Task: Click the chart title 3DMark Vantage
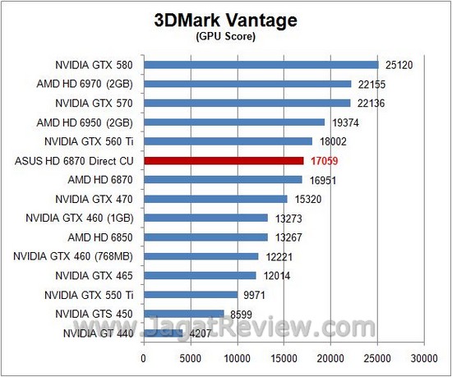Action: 225,20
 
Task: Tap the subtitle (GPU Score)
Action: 225,36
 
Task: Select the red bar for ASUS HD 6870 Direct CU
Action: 224,160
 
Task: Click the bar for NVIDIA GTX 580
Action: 261,64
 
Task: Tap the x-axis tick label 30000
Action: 424,358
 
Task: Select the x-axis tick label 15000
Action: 284,358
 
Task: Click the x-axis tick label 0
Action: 144,358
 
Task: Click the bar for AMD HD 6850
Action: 205,237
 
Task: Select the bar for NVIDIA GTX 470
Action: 215,198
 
